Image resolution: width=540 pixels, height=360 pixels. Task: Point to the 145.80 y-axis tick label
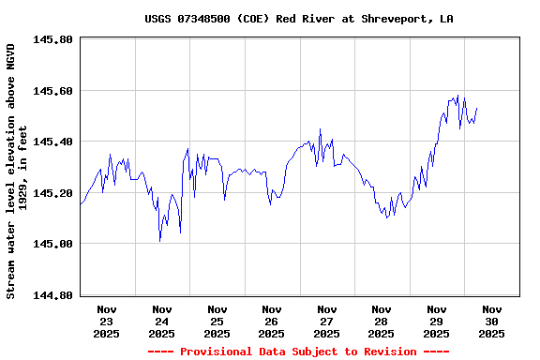52,40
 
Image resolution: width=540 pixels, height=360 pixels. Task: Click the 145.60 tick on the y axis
52,91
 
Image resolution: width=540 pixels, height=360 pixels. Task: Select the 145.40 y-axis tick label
52,142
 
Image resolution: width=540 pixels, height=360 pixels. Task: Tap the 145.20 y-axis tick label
52,193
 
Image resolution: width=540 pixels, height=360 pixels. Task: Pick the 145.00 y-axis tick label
52,244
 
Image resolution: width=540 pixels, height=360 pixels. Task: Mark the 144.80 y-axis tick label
52,295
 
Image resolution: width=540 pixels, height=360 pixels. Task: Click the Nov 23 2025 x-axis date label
107,321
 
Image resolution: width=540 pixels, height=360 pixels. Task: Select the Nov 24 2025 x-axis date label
162,321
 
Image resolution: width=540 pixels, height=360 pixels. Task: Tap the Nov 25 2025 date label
217,321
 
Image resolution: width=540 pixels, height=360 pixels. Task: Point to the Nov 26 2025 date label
272,321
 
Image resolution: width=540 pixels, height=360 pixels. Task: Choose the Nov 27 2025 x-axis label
326,321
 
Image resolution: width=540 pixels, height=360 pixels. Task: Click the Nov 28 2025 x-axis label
382,321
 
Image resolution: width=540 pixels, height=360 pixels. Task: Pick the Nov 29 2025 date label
436,321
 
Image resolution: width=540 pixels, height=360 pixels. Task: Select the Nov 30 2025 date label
491,321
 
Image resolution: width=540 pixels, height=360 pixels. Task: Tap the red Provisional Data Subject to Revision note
297,352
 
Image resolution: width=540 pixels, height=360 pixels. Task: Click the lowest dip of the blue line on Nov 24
160,241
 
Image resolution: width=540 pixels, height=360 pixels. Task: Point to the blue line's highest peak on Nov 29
457,96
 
